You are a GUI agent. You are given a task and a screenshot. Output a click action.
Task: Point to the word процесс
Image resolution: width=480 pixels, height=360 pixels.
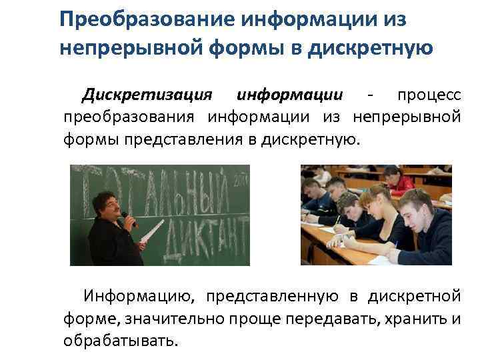pos(429,95)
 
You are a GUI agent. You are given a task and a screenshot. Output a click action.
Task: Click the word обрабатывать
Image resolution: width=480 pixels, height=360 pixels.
pos(121,341)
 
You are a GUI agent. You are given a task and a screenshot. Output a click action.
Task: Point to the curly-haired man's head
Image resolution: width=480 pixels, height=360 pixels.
pos(105,203)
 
